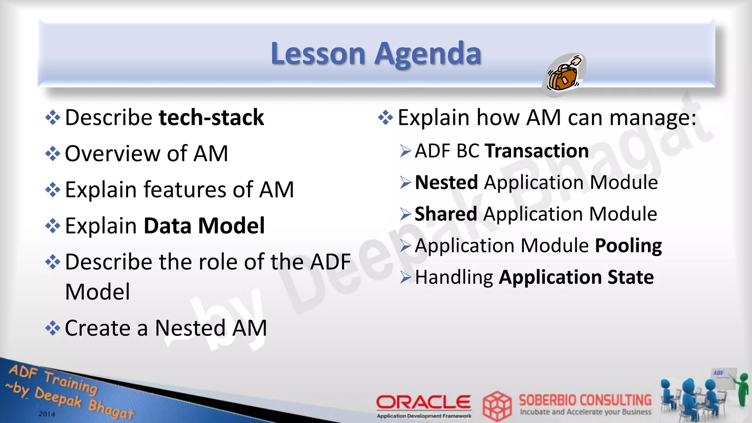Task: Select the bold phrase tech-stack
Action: [211, 117]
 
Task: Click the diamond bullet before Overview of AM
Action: [53, 153]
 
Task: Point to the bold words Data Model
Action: [204, 225]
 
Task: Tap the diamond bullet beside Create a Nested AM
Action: [53, 328]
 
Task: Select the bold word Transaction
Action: [537, 151]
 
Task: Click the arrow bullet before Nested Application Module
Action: [406, 182]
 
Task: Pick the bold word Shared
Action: [446, 214]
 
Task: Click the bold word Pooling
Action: [628, 246]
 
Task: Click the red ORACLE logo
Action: [423, 402]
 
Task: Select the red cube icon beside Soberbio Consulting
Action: [497, 406]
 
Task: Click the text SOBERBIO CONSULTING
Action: [585, 400]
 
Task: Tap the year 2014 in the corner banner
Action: [47, 414]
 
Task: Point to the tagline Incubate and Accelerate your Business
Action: [585, 412]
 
